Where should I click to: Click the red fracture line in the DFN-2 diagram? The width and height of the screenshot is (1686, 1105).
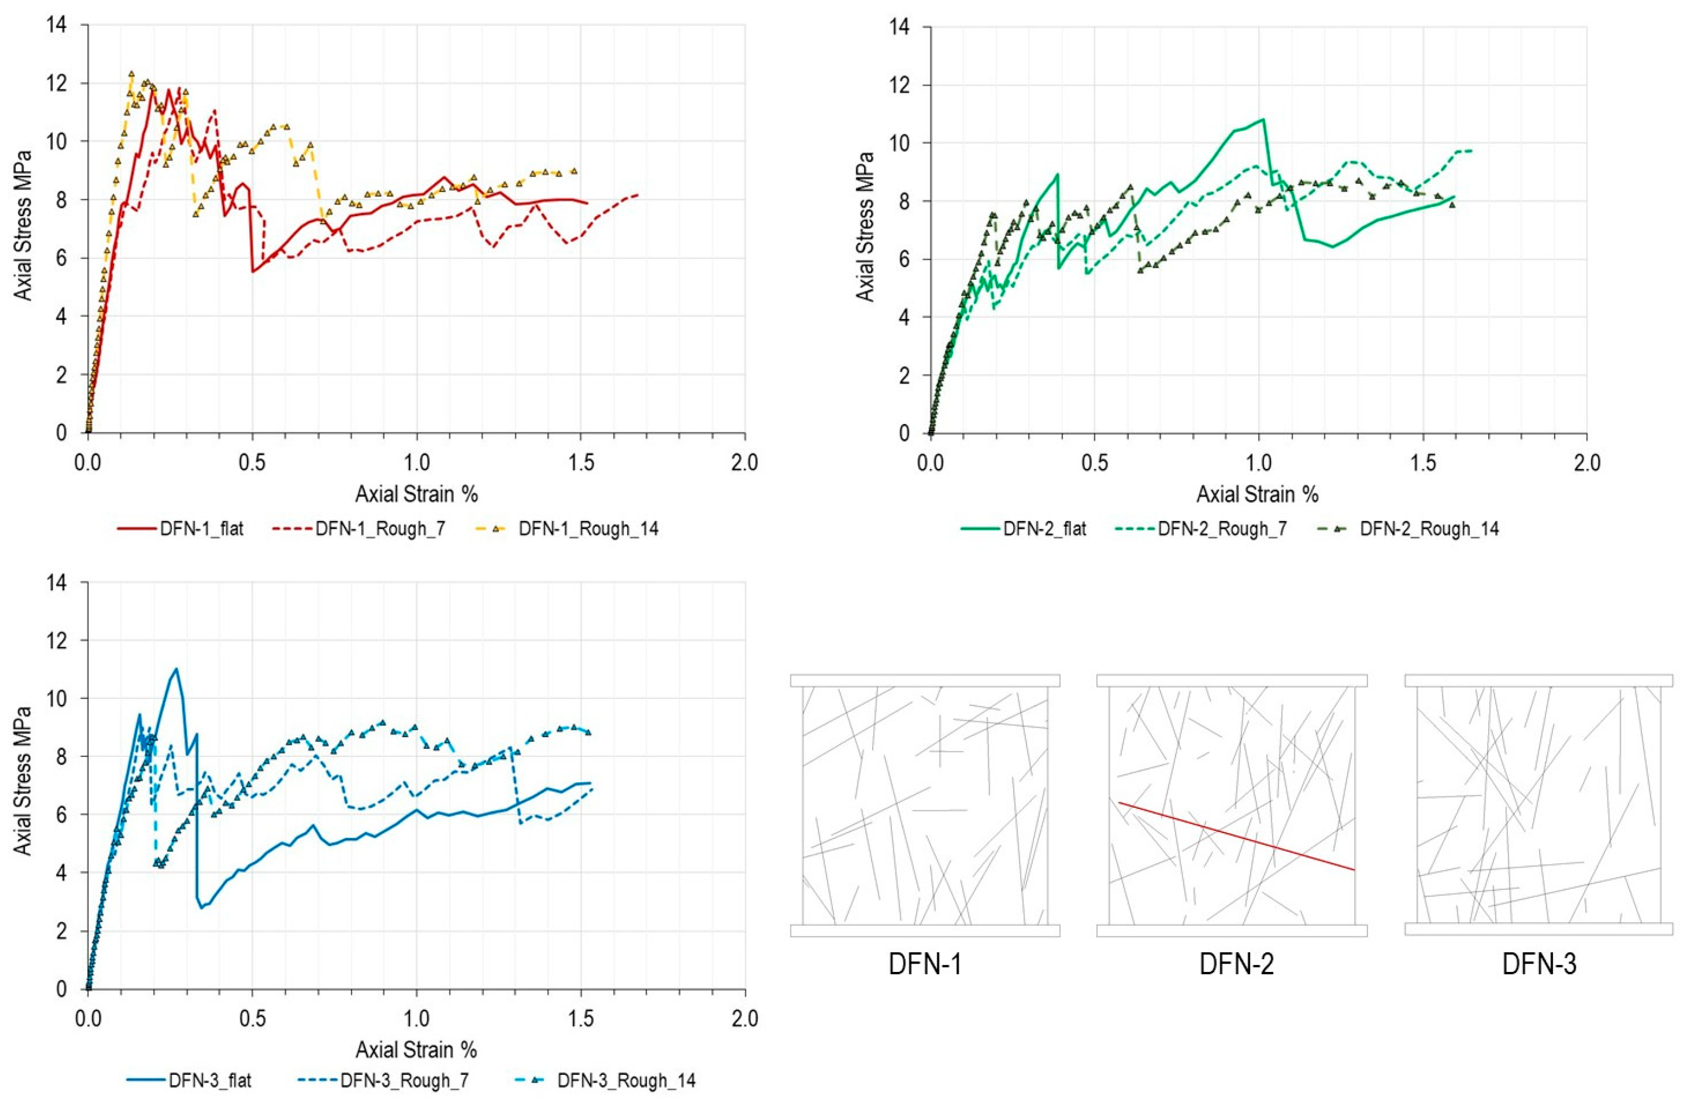tap(1236, 836)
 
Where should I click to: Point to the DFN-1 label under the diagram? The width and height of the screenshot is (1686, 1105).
tap(925, 965)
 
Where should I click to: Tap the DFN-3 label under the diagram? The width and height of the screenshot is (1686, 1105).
tap(1539, 965)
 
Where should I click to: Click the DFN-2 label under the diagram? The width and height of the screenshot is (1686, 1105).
tap(1236, 965)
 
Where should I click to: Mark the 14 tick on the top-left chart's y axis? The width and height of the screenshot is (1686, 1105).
tap(57, 25)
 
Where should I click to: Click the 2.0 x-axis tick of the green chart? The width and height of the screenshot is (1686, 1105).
tap(1586, 463)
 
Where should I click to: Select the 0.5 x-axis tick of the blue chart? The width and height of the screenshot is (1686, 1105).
tap(252, 1019)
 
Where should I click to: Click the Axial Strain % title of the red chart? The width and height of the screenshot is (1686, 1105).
tap(417, 494)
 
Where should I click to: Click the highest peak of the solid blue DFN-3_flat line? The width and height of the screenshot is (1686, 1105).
tap(175, 669)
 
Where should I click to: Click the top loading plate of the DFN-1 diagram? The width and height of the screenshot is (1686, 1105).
tap(925, 680)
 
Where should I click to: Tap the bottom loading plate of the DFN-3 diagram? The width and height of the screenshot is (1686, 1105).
tap(1539, 930)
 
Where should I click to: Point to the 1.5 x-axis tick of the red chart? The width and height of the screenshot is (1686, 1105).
tap(581, 463)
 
